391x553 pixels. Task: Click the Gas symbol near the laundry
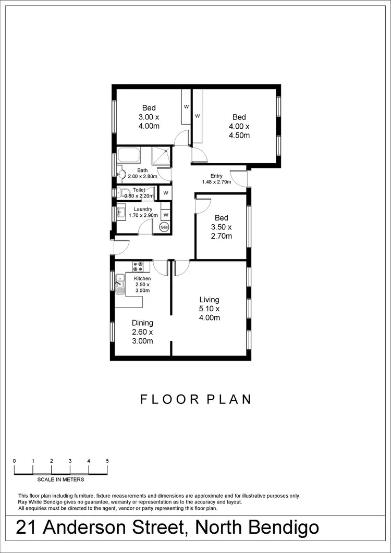coord(165,227)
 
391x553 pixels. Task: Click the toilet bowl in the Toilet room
coord(123,192)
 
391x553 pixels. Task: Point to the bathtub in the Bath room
coord(128,155)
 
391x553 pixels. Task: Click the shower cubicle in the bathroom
coord(161,156)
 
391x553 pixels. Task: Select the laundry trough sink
coord(120,212)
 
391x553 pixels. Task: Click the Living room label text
coord(209,300)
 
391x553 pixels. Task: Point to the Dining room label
coord(142,323)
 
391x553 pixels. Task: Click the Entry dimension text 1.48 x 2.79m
coord(216,182)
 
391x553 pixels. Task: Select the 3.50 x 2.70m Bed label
coord(221,227)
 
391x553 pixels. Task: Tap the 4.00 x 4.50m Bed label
coord(239,127)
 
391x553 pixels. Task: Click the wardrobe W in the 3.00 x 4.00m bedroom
coord(186,106)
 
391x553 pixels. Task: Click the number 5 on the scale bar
coord(107,461)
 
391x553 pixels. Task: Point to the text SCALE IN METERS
coord(60,479)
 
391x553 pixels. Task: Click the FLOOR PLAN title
coord(196,399)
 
